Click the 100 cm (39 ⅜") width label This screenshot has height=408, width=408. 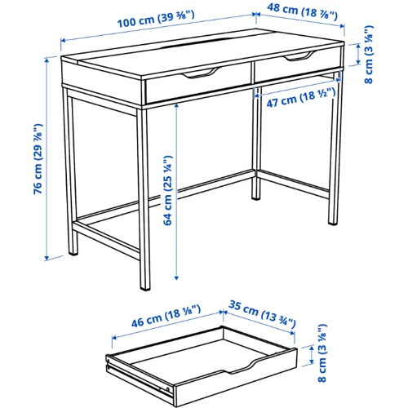tap(156, 19)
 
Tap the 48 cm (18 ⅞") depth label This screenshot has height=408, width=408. tap(302, 11)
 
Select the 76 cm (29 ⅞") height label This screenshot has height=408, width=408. tap(38, 159)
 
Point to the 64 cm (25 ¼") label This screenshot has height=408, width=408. tap(168, 190)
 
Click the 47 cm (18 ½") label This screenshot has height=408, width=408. tap(301, 97)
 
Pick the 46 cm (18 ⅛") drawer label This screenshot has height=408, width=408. tap(166, 316)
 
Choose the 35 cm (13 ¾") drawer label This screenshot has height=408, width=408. tap(262, 314)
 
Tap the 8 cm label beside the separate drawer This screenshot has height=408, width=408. tap(322, 353)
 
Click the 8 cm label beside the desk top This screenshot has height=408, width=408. tap(369, 55)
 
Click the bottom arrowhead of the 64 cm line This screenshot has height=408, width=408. tap(176, 277)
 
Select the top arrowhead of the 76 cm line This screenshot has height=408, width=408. tap(47, 60)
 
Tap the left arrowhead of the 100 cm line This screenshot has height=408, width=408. tap(63, 41)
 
